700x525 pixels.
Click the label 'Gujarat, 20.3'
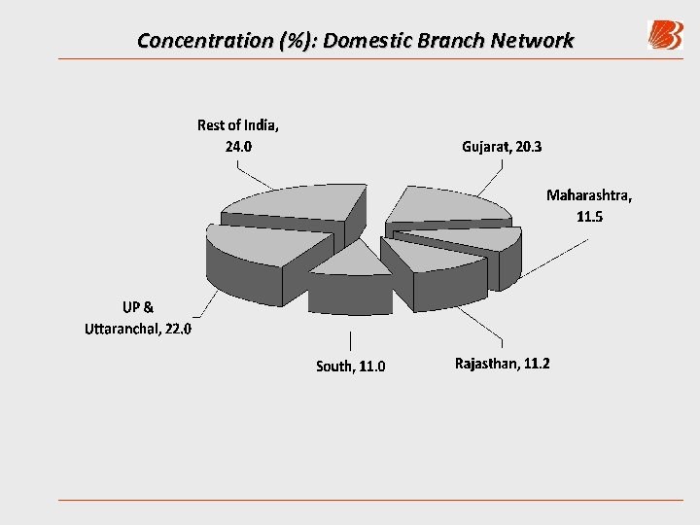click(x=503, y=147)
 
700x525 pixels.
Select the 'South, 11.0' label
click(x=350, y=367)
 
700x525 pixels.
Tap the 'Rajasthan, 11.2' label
click(x=502, y=364)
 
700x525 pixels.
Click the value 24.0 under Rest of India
click(x=238, y=147)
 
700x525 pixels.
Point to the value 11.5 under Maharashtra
click(x=589, y=217)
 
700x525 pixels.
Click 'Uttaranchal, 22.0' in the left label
click(x=138, y=329)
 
